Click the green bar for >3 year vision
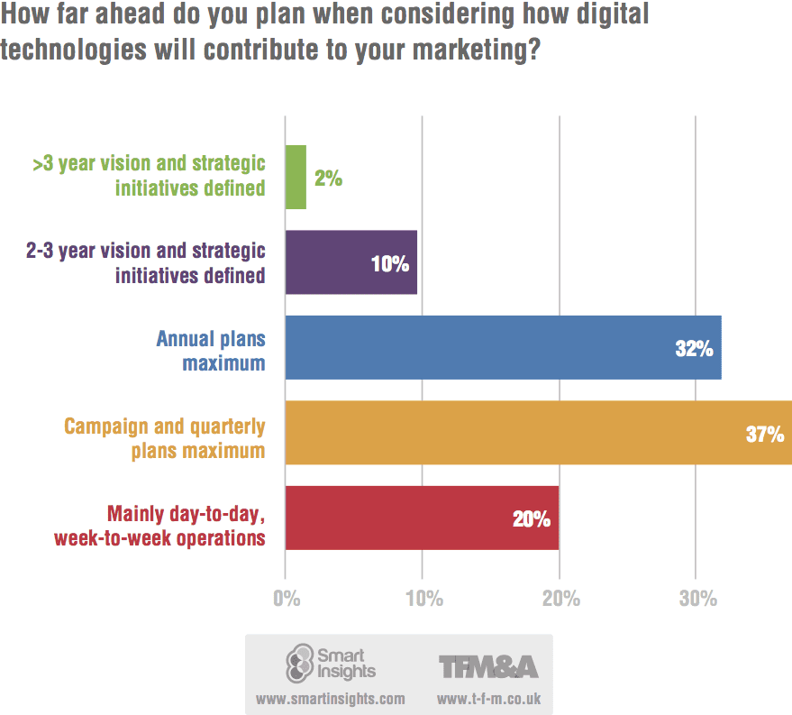[296, 178]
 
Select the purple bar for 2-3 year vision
[350, 262]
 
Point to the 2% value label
[329, 179]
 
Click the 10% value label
[390, 264]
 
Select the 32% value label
[694, 349]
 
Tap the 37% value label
[764, 435]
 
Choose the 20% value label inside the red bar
[532, 519]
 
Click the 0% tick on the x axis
[286, 599]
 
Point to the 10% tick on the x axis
[423, 599]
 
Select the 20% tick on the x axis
[560, 599]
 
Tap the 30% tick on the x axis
[696, 599]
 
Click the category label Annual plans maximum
[211, 351]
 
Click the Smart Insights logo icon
[298, 663]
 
